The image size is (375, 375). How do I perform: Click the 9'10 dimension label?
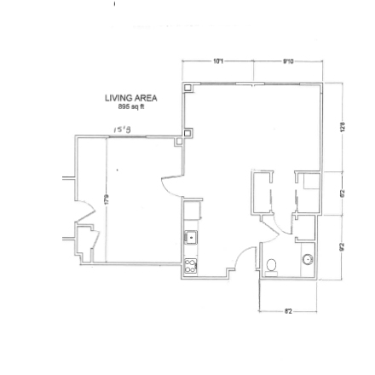[x=288, y=61]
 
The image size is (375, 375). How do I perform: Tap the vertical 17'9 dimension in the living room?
[x=105, y=198]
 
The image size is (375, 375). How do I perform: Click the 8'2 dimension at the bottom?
[x=288, y=314]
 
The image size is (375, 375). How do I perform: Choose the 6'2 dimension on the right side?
[x=342, y=193]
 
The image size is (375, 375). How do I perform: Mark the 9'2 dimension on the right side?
[x=342, y=247]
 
